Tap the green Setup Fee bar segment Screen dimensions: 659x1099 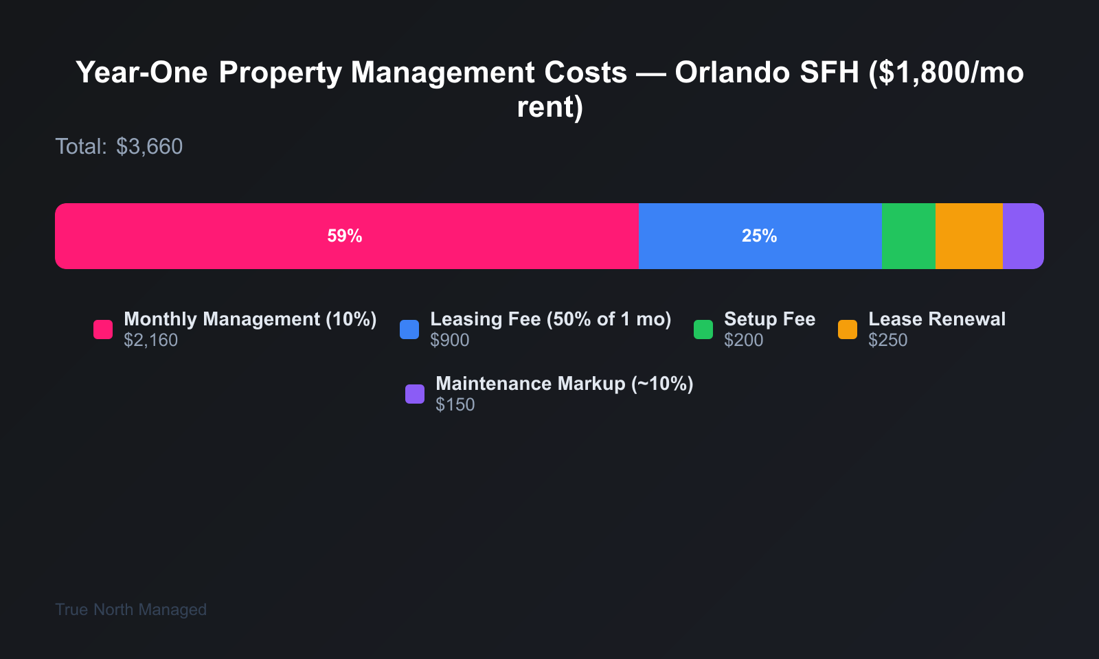click(908, 236)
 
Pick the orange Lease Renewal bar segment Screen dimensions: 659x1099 click(968, 236)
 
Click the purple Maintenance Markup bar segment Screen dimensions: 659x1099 click(1023, 236)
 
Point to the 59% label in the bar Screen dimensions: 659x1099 click(344, 236)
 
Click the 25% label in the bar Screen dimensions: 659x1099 click(759, 236)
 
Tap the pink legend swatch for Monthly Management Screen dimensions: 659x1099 click(103, 329)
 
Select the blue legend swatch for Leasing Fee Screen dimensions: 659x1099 click(409, 329)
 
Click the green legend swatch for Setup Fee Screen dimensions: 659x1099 click(703, 329)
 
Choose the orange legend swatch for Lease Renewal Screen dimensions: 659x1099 click(848, 329)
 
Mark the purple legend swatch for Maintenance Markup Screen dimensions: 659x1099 click(415, 394)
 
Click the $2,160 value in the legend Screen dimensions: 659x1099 click(151, 340)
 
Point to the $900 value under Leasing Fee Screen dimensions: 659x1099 click(450, 340)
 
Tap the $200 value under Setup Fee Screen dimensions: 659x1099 click(743, 340)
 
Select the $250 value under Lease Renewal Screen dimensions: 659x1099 click(887, 340)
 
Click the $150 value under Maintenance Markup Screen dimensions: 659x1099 click(455, 405)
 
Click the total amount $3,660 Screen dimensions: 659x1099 click(149, 147)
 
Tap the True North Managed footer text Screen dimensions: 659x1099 click(131, 610)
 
